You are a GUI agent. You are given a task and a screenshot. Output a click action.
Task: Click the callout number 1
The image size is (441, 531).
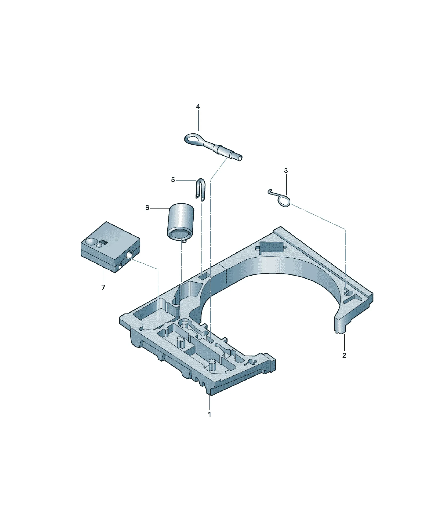[x=209, y=414]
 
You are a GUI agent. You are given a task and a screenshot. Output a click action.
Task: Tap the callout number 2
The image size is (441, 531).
[x=344, y=356]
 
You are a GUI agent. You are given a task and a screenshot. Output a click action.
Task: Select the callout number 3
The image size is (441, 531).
[x=286, y=171]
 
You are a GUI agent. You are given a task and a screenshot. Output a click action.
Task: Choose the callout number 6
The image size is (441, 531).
[x=147, y=208]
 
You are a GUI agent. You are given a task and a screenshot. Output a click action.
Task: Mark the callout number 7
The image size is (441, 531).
[x=103, y=287]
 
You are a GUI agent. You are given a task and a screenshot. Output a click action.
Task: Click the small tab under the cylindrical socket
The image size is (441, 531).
[x=185, y=241]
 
